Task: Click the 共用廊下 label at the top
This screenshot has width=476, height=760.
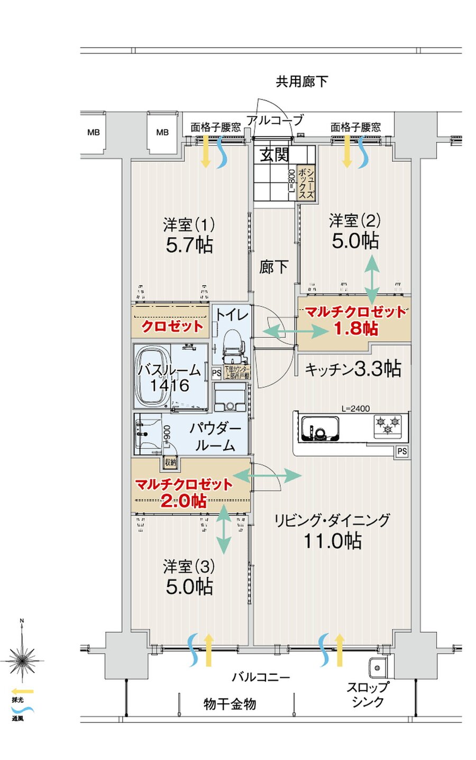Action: [301, 81]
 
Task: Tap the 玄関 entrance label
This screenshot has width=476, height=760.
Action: [274, 155]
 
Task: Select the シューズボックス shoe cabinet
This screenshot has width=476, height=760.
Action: [306, 184]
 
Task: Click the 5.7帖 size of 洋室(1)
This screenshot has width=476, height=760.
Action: [189, 245]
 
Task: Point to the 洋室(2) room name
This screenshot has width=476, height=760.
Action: [354, 220]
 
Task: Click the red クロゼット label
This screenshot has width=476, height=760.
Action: [172, 326]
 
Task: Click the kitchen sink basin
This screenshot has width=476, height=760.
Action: [321, 428]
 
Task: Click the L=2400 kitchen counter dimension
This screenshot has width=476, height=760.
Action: [355, 408]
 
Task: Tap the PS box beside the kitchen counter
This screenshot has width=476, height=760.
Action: [402, 451]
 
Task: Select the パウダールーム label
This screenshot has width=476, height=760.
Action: [215, 437]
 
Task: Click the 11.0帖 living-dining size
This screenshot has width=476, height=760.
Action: [332, 541]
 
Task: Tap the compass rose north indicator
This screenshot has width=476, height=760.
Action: [22, 659]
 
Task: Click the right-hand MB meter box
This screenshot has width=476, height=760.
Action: [162, 132]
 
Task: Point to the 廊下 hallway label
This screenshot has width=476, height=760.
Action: [273, 267]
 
